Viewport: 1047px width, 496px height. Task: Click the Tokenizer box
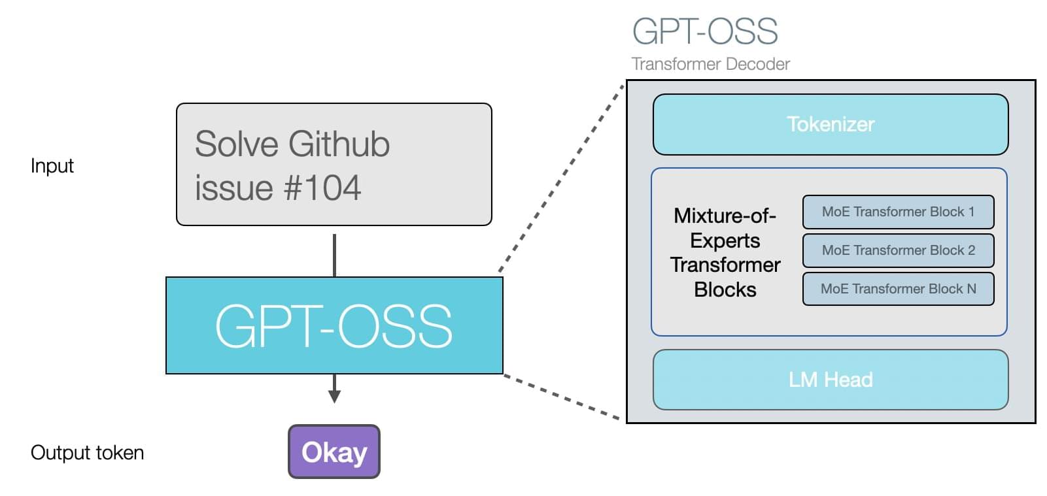pos(830,124)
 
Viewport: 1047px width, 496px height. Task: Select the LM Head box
pos(830,380)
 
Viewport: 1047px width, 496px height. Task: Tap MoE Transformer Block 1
pos(898,212)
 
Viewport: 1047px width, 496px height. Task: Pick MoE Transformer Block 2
pos(898,250)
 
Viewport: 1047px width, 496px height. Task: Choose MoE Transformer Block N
pos(898,289)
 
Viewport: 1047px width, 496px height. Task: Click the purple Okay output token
pos(334,452)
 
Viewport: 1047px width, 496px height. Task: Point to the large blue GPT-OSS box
pos(334,325)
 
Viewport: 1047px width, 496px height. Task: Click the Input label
pos(52,166)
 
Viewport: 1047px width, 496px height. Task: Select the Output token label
pos(87,453)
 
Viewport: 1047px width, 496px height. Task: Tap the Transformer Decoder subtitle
pos(710,64)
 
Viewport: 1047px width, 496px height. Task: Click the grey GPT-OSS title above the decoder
pos(704,31)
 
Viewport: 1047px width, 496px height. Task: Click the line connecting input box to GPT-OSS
pos(334,255)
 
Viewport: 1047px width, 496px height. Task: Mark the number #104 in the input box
pos(322,188)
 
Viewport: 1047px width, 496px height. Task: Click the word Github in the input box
pos(339,144)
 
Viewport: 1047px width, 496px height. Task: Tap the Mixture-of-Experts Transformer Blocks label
pos(725,252)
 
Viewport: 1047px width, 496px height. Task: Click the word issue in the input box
pos(233,188)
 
